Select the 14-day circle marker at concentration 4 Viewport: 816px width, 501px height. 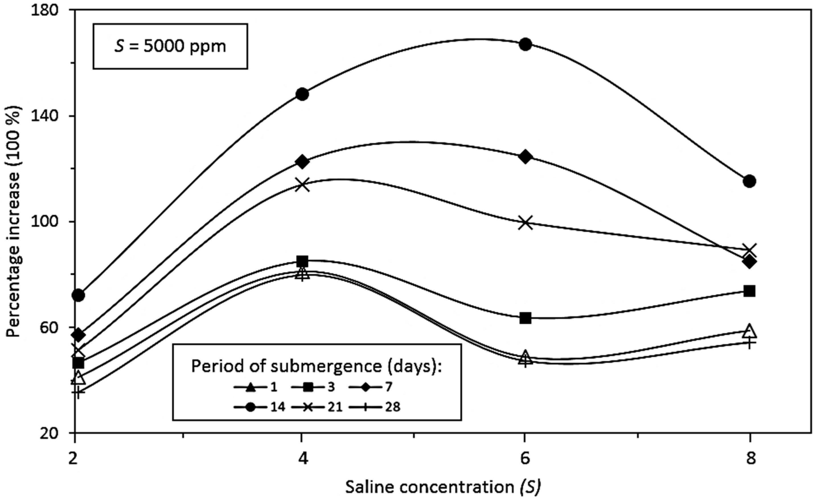click(x=302, y=94)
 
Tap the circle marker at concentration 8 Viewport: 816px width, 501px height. click(x=750, y=181)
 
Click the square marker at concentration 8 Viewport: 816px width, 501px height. click(x=750, y=291)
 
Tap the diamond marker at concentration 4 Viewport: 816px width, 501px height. click(x=302, y=162)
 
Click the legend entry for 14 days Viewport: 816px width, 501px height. click(x=260, y=407)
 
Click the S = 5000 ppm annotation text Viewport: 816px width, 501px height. click(x=170, y=46)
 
